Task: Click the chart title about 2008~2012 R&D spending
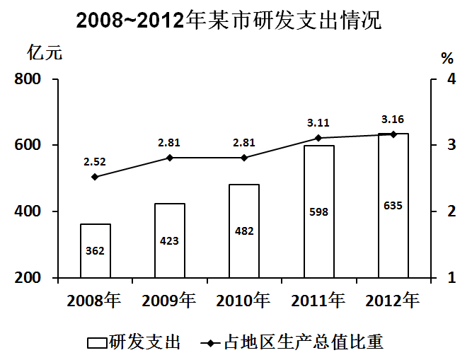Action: click(229, 20)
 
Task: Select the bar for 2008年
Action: click(95, 250)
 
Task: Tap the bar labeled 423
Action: click(170, 240)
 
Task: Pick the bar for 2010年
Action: click(244, 231)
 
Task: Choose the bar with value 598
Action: click(318, 211)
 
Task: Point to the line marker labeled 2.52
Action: click(95, 177)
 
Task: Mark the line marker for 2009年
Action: click(170, 158)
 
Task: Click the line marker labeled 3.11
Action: click(318, 138)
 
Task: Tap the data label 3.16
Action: click(393, 118)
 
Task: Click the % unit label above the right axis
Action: click(447, 57)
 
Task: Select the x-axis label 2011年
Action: click(318, 301)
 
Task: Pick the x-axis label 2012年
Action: click(393, 301)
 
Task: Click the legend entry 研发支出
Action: click(134, 342)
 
